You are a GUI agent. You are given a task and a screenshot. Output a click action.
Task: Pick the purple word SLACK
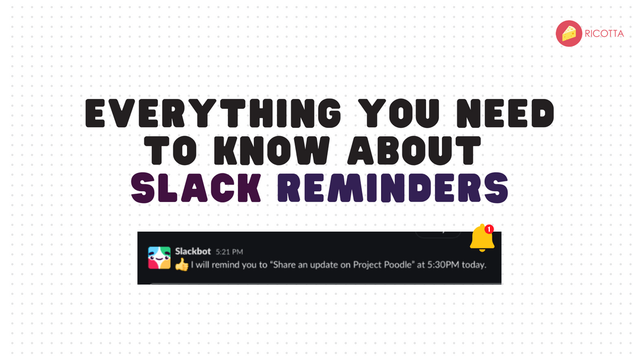pyautogui.click(x=196, y=188)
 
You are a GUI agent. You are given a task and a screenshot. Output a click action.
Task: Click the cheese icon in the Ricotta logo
pyautogui.click(x=569, y=33)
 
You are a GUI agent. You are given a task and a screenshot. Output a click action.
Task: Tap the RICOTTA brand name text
pyautogui.click(x=603, y=34)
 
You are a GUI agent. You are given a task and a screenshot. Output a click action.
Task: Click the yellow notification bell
pyautogui.click(x=482, y=239)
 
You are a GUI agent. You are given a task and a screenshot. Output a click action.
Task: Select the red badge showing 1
pyautogui.click(x=489, y=229)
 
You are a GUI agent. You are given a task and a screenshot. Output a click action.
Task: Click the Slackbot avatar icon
pyautogui.click(x=159, y=258)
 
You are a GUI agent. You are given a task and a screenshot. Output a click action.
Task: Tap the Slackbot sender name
pyautogui.click(x=193, y=252)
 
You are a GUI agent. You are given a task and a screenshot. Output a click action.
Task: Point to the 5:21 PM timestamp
pyautogui.click(x=230, y=252)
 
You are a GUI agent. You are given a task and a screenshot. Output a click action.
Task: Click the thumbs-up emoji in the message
pyautogui.click(x=182, y=265)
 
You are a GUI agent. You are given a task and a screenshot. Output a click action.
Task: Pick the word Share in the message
pyautogui.click(x=287, y=265)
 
